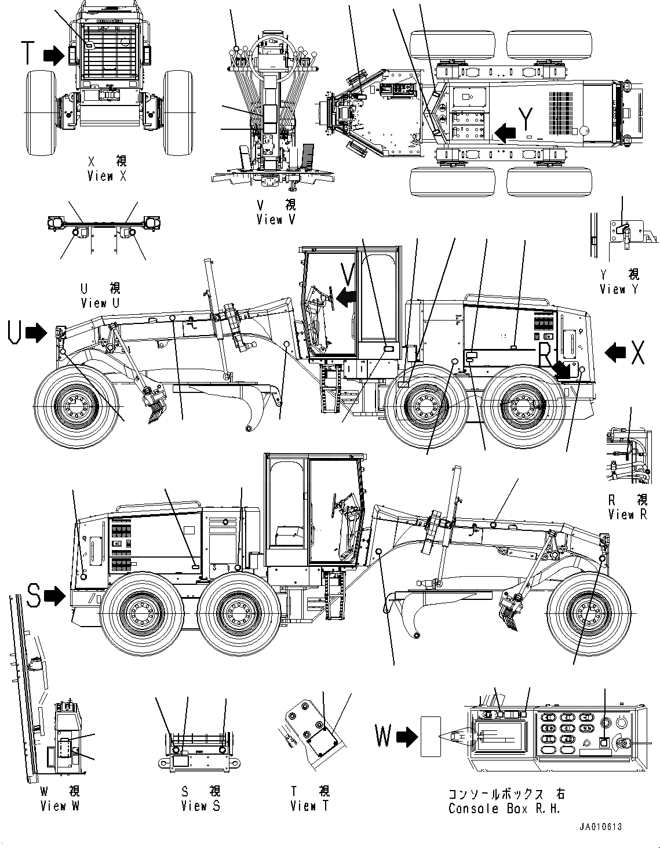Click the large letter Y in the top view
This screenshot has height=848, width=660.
526,120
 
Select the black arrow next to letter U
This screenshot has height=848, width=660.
37,333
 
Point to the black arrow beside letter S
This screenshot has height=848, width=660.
56,595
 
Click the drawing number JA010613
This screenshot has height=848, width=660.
599,827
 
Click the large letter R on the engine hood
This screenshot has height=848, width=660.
546,355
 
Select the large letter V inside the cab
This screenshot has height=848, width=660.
347,274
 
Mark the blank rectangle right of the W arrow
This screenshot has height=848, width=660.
431,736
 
